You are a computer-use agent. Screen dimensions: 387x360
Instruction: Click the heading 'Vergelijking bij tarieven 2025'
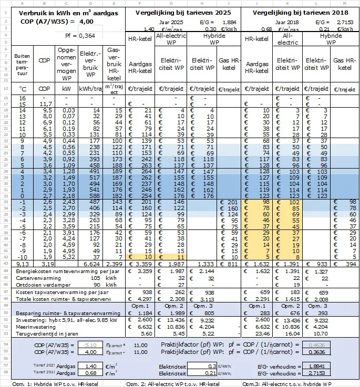(183, 12)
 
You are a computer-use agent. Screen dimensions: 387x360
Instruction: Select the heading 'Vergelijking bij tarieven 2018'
(301, 12)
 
